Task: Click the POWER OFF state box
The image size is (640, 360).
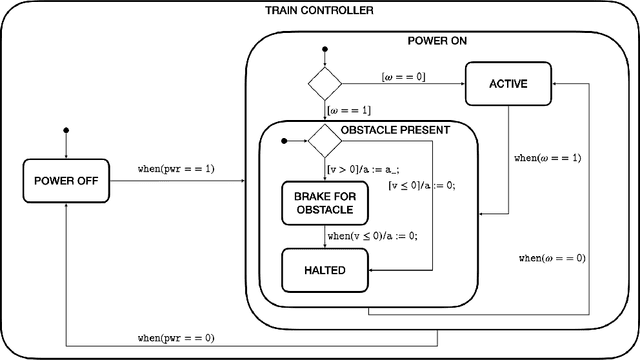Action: coord(64,181)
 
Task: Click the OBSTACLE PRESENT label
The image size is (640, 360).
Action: coord(395,130)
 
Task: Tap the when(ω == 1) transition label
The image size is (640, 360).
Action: coord(546,158)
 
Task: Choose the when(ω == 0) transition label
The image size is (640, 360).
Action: coord(551,257)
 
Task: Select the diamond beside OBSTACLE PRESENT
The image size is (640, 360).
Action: coord(325,141)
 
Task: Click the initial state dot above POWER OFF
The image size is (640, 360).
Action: coord(65,130)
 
